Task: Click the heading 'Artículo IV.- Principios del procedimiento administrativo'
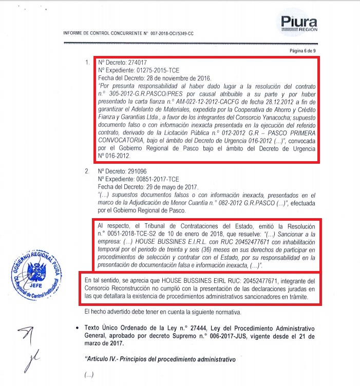[x=159, y=360]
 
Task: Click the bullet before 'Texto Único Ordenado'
[x=77, y=327]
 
